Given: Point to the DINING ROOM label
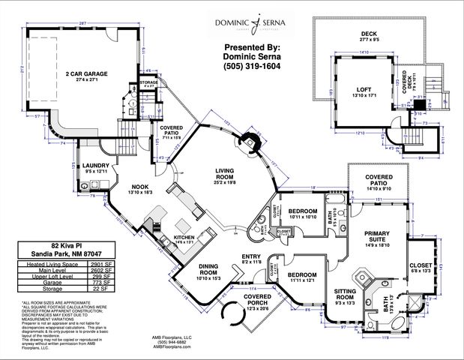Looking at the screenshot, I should pyautogui.click(x=214, y=268).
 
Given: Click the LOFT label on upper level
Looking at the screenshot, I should pyautogui.click(x=363, y=90).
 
